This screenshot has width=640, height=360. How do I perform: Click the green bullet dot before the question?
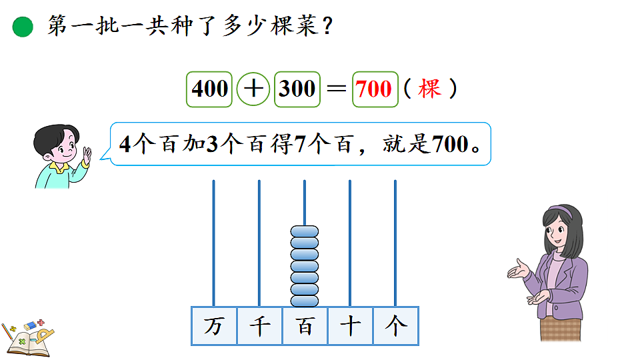pos(23,27)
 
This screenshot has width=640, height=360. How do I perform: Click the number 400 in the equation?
pos(210,89)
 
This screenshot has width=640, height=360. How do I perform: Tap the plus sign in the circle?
pos(254,89)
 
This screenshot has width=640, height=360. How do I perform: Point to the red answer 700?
pos(375,89)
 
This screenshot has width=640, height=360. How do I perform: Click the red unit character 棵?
pos(430,89)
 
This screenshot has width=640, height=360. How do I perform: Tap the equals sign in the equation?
pos(336,89)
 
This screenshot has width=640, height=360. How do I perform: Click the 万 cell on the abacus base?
pos(214,326)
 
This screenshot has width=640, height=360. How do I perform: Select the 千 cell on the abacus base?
pos(259,326)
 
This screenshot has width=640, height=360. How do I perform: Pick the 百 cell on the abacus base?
pos(305,326)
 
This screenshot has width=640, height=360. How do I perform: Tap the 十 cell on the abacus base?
pos(350,326)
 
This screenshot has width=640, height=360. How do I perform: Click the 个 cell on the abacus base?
pos(395,326)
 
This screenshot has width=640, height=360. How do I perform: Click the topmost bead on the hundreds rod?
pos(305,232)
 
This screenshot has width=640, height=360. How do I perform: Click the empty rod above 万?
pos(214,240)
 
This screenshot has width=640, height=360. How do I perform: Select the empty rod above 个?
pos(395,240)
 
